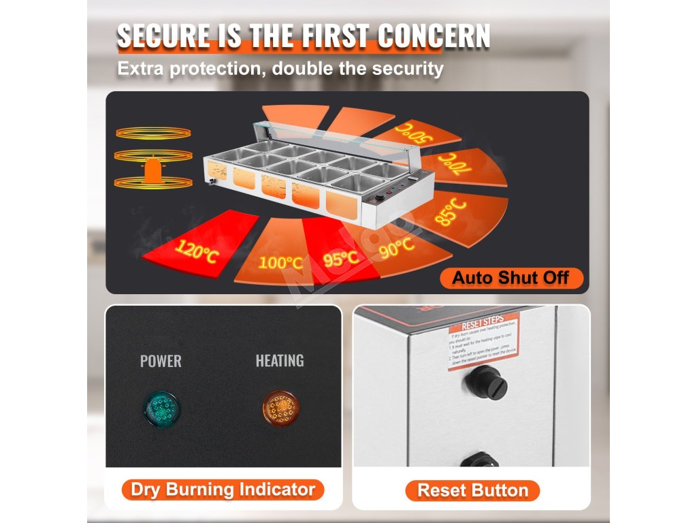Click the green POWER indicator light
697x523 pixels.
(161, 409)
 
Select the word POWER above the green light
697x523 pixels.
(161, 361)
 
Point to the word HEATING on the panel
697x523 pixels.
(280, 360)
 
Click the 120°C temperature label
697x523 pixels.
(197, 253)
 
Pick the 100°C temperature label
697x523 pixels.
(280, 261)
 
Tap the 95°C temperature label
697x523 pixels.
(341, 258)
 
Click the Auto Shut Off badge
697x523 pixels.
(510, 278)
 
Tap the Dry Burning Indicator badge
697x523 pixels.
(223, 489)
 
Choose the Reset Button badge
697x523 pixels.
(472, 490)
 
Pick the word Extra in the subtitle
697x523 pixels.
(141, 69)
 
